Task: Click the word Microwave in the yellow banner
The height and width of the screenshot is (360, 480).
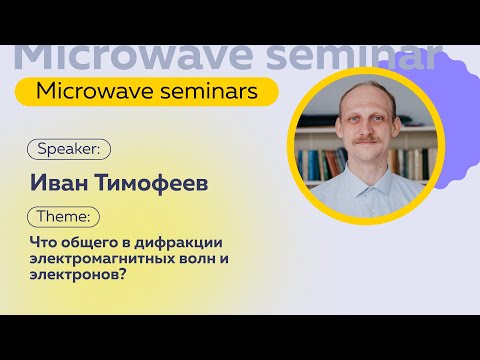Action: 88,91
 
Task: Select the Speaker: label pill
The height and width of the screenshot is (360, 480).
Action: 68,148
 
